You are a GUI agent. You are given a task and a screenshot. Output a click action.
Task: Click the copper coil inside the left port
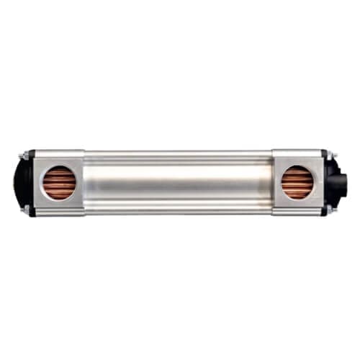coord(59,183)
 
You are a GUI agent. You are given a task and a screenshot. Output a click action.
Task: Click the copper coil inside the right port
coord(297,183)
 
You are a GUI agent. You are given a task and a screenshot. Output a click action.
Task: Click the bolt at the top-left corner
coord(24,155)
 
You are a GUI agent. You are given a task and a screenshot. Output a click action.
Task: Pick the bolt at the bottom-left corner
coord(24,211)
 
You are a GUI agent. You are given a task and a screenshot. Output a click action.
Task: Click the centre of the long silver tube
coord(178,183)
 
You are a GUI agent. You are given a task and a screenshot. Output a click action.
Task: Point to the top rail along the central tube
coord(178,153)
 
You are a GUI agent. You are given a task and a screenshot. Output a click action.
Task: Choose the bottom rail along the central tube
coord(178,212)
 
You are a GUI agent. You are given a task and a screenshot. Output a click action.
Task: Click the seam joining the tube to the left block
coord(85,183)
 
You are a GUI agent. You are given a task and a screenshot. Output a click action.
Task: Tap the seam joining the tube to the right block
coord(272,183)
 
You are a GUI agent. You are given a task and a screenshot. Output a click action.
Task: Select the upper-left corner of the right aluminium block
coord(274,152)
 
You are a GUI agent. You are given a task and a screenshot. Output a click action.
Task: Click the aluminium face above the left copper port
coord(59,157)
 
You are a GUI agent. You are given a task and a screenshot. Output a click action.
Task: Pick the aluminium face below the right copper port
coord(297,208)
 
